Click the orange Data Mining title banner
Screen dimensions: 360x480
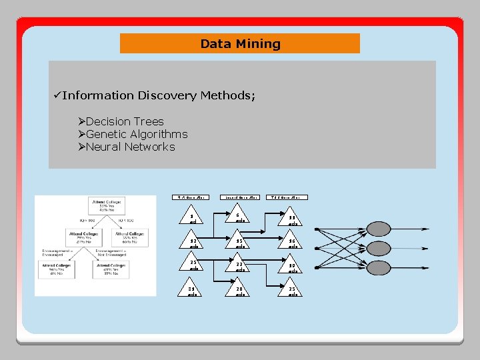(240, 44)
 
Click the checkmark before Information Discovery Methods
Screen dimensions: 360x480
(57, 95)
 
